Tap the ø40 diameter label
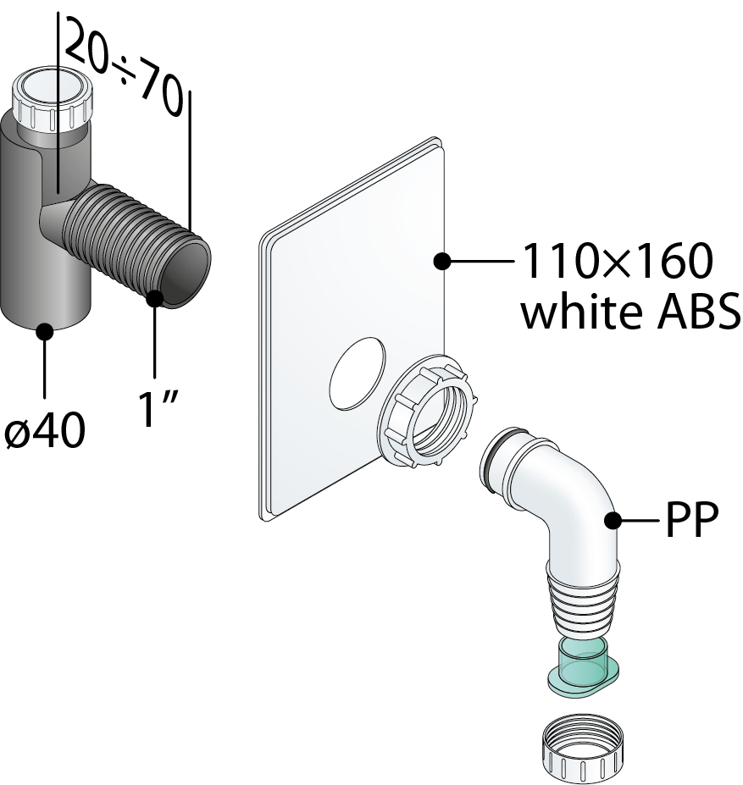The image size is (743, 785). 44,431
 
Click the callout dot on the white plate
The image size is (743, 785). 441,263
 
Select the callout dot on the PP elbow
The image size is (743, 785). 612,521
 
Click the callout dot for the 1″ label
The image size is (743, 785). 155,298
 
